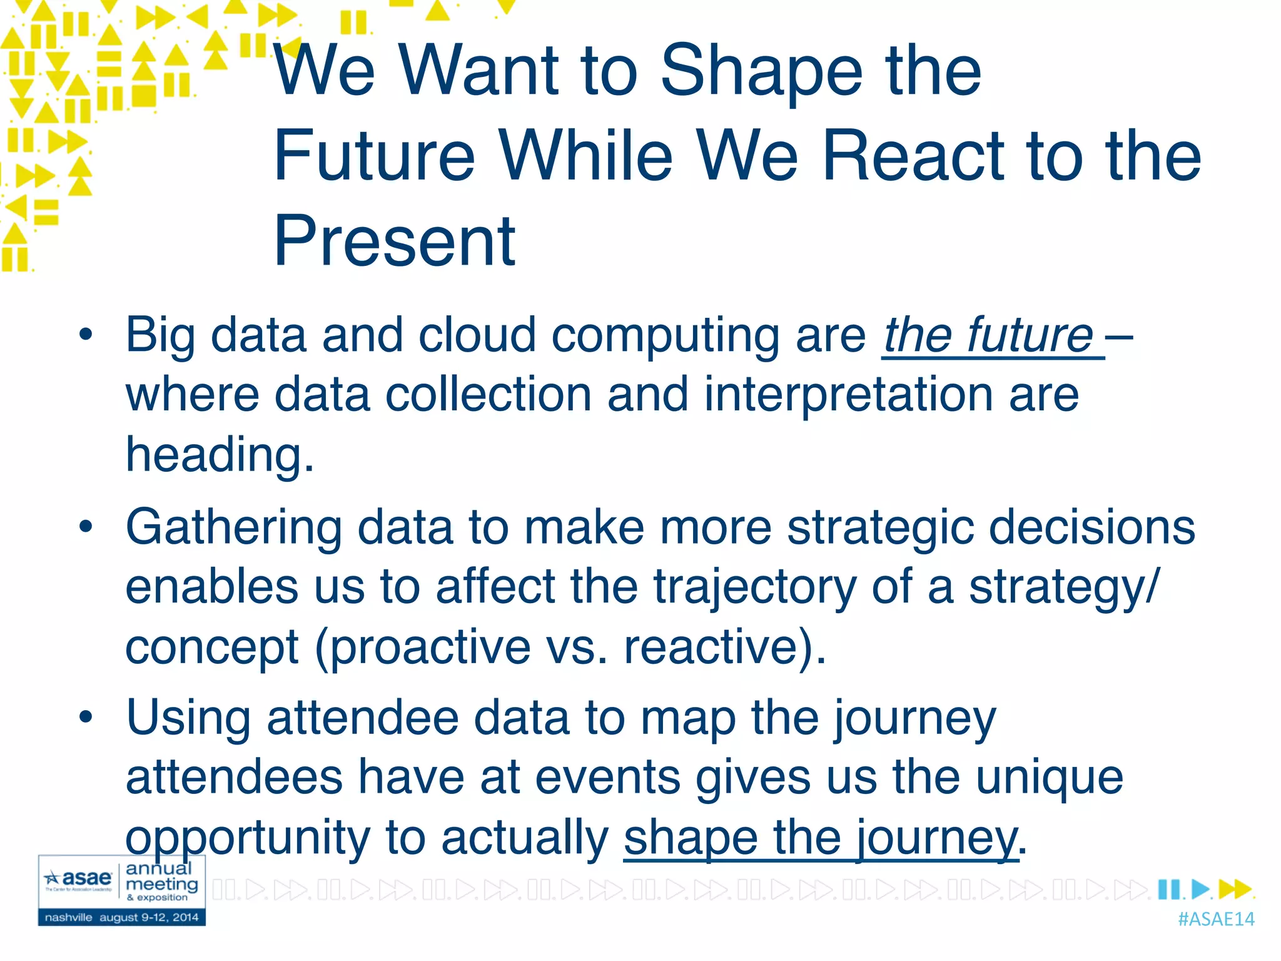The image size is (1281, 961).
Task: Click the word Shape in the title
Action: tap(759, 72)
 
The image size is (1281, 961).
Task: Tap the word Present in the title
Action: tap(395, 242)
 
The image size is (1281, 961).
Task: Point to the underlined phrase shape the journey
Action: tap(821, 838)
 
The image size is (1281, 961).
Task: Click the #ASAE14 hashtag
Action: tap(1216, 919)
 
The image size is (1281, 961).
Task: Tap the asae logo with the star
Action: tap(79, 879)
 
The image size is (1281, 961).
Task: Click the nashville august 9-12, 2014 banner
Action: tap(121, 918)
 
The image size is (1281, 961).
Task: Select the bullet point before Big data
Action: tap(86, 335)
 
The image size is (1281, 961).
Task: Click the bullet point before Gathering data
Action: tap(86, 527)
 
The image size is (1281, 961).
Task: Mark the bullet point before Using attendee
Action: tap(86, 717)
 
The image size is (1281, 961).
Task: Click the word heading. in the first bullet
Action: tap(220, 455)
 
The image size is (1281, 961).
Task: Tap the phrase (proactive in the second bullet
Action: tap(422, 648)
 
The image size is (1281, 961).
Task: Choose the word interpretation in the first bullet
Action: tap(848, 395)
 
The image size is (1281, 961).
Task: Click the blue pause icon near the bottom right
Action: tap(1168, 889)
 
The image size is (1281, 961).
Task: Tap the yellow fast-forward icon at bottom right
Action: tap(1235, 889)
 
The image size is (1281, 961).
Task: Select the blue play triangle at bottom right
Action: tap(1200, 889)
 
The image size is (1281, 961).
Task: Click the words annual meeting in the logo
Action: tap(161, 877)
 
